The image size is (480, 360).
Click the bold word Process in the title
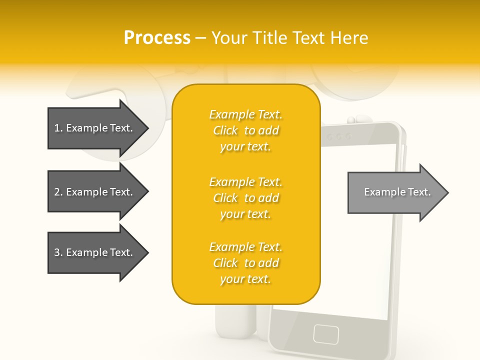[x=157, y=37]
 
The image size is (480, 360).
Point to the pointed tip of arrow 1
[x=147, y=128]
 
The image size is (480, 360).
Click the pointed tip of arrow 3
[x=147, y=252]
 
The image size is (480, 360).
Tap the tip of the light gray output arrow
[x=447, y=192]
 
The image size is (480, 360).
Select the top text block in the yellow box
[x=245, y=130]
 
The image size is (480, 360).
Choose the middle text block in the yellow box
[x=245, y=198]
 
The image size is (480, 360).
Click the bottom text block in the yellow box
[x=245, y=263]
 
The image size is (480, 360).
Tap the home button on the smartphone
[x=326, y=333]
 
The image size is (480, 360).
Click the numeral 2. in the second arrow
[x=58, y=192]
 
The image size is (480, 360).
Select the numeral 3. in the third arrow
[x=58, y=252]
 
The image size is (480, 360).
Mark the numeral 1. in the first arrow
[x=58, y=128]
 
